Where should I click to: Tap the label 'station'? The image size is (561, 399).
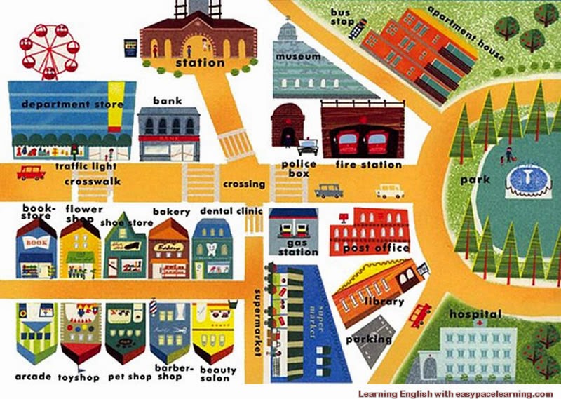tap(200, 63)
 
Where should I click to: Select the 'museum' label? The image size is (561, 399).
tap(298, 56)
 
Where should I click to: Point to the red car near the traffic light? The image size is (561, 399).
tap(30, 173)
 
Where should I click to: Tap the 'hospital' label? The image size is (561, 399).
tap(475, 313)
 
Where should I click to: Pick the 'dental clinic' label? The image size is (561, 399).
tap(231, 210)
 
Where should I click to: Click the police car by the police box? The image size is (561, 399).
tap(307, 148)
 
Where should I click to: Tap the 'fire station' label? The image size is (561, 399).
tap(368, 165)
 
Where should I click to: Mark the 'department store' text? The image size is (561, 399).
tap(72, 104)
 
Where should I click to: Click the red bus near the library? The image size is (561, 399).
tap(419, 313)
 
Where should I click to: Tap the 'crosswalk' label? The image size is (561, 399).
tap(93, 182)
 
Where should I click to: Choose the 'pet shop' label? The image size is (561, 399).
tap(130, 377)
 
